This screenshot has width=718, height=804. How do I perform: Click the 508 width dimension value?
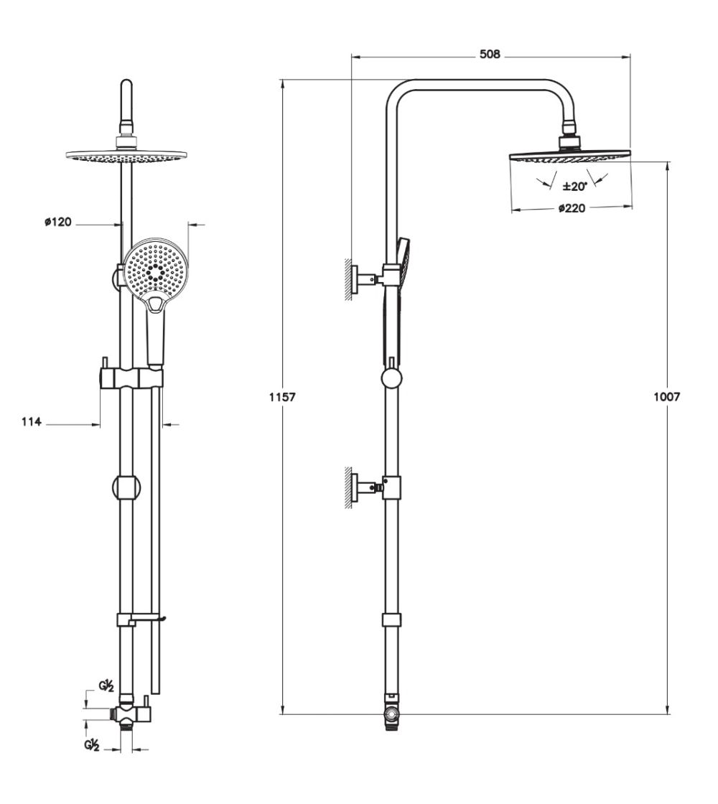click(x=490, y=55)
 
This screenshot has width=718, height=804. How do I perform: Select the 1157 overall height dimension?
click(x=283, y=396)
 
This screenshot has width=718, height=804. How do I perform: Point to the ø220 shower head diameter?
click(x=572, y=209)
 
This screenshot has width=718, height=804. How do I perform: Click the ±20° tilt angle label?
click(x=574, y=186)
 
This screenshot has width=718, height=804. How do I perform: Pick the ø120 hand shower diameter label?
click(x=57, y=223)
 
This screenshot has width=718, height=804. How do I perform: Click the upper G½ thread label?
click(x=107, y=687)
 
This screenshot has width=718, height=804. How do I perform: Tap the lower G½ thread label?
click(x=91, y=745)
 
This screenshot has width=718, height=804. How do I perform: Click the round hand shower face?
click(x=154, y=269)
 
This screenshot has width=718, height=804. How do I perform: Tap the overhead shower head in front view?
click(x=126, y=155)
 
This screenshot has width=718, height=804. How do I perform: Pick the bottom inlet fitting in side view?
click(x=391, y=715)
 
